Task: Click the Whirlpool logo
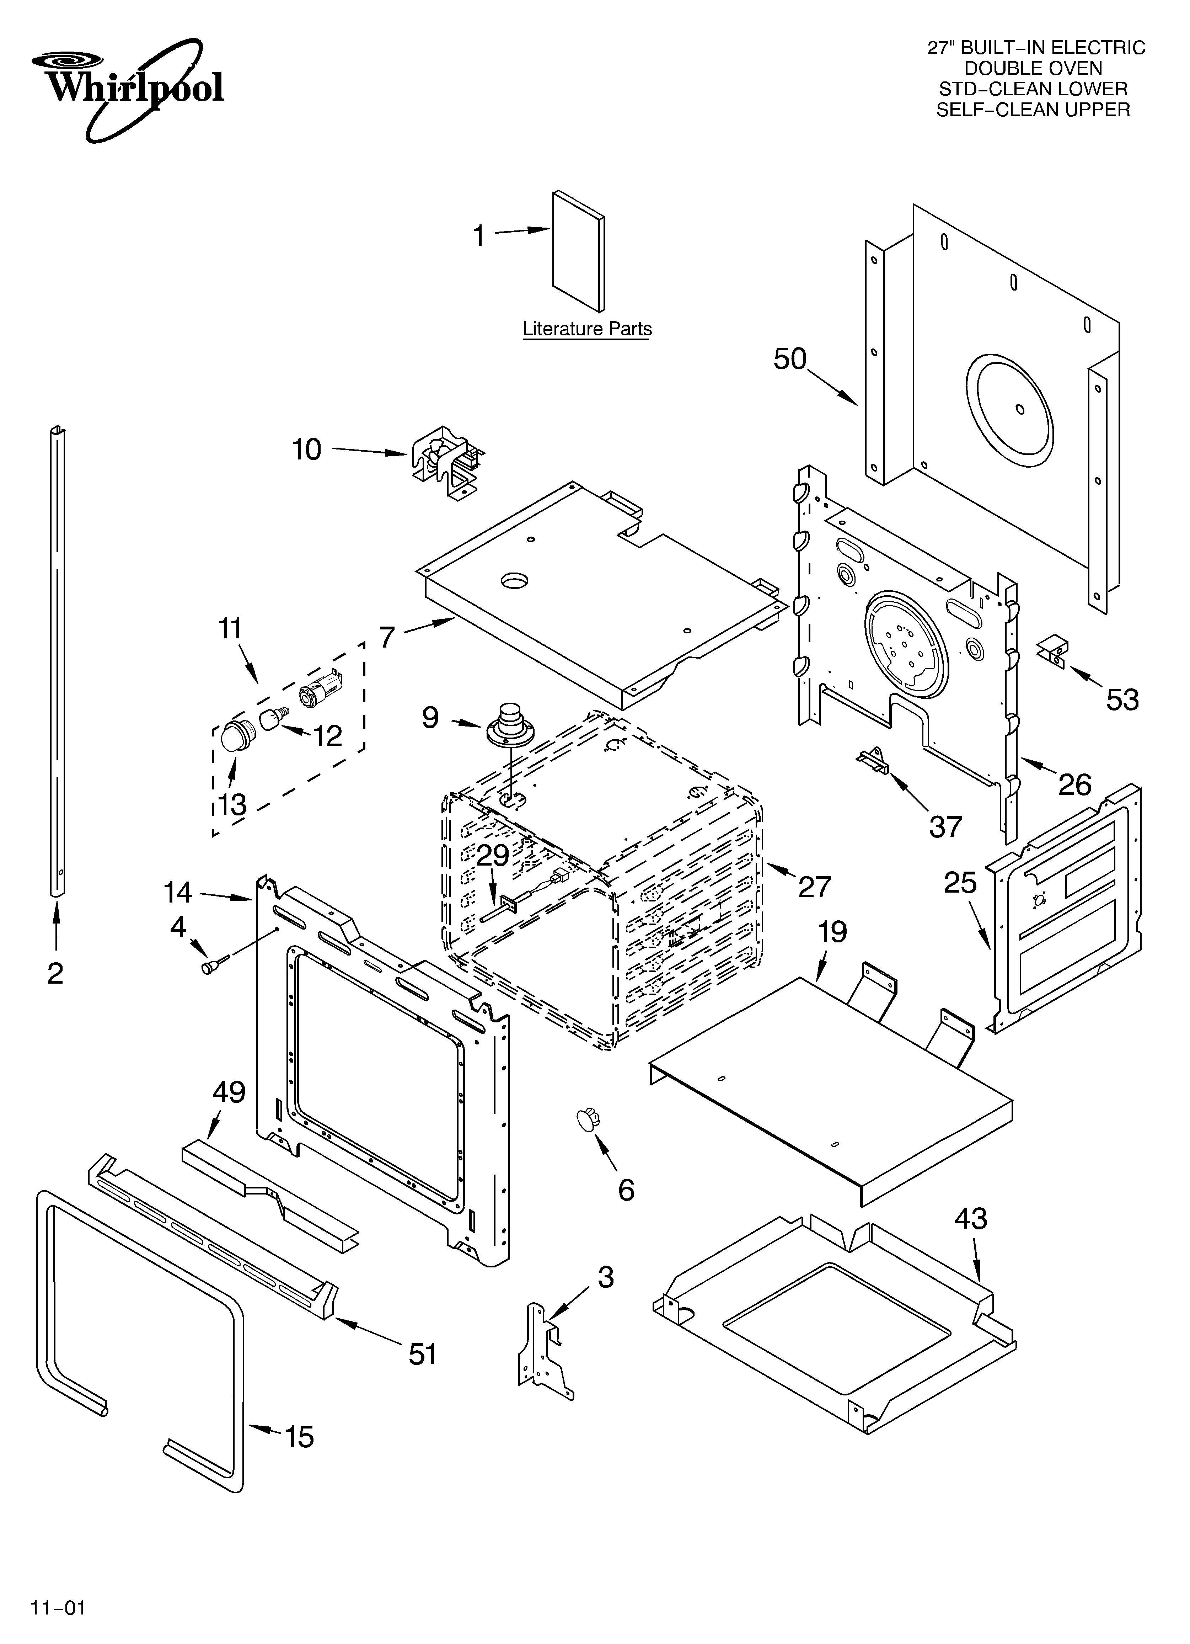click(127, 87)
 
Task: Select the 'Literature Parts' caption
click(587, 329)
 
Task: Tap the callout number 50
click(789, 359)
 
